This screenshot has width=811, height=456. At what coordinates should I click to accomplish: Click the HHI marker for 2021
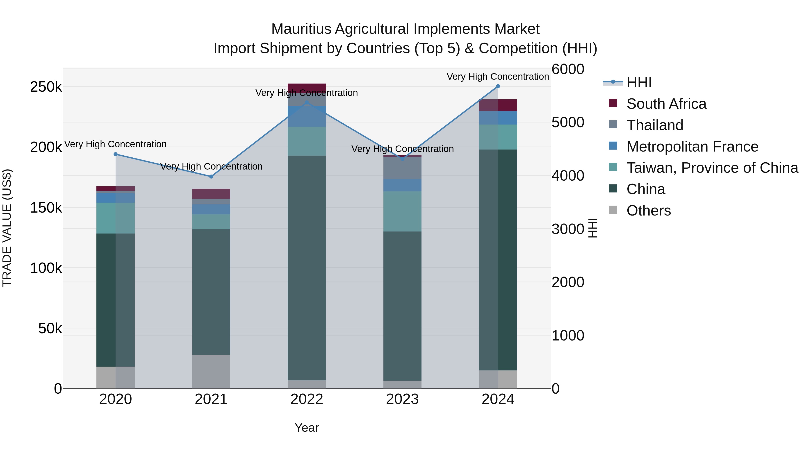pyautogui.click(x=211, y=177)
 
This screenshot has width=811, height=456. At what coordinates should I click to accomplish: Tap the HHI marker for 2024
pyautogui.click(x=498, y=86)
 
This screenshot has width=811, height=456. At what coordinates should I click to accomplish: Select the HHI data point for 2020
pyautogui.click(x=116, y=154)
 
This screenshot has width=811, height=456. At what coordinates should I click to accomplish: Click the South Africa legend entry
pyautogui.click(x=666, y=104)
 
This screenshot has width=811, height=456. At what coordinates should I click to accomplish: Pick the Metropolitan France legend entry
pyautogui.click(x=692, y=147)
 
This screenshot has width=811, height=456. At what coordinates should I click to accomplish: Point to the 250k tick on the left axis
pyautogui.click(x=46, y=87)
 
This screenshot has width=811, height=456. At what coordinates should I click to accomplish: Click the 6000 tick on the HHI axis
pyautogui.click(x=568, y=69)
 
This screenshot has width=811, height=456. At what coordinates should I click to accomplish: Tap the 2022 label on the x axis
pyautogui.click(x=307, y=399)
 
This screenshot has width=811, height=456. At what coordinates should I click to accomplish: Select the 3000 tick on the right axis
pyautogui.click(x=568, y=229)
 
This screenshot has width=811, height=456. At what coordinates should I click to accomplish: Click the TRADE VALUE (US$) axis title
pyautogui.click(x=7, y=228)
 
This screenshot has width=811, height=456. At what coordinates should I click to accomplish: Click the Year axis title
pyautogui.click(x=307, y=428)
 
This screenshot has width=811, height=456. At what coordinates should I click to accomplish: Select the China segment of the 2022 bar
pyautogui.click(x=307, y=268)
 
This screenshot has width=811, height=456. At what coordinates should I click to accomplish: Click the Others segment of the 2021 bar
pyautogui.click(x=211, y=371)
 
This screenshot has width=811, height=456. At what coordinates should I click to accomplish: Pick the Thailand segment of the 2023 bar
pyautogui.click(x=402, y=168)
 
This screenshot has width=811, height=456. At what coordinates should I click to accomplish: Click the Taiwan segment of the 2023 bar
pyautogui.click(x=402, y=211)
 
